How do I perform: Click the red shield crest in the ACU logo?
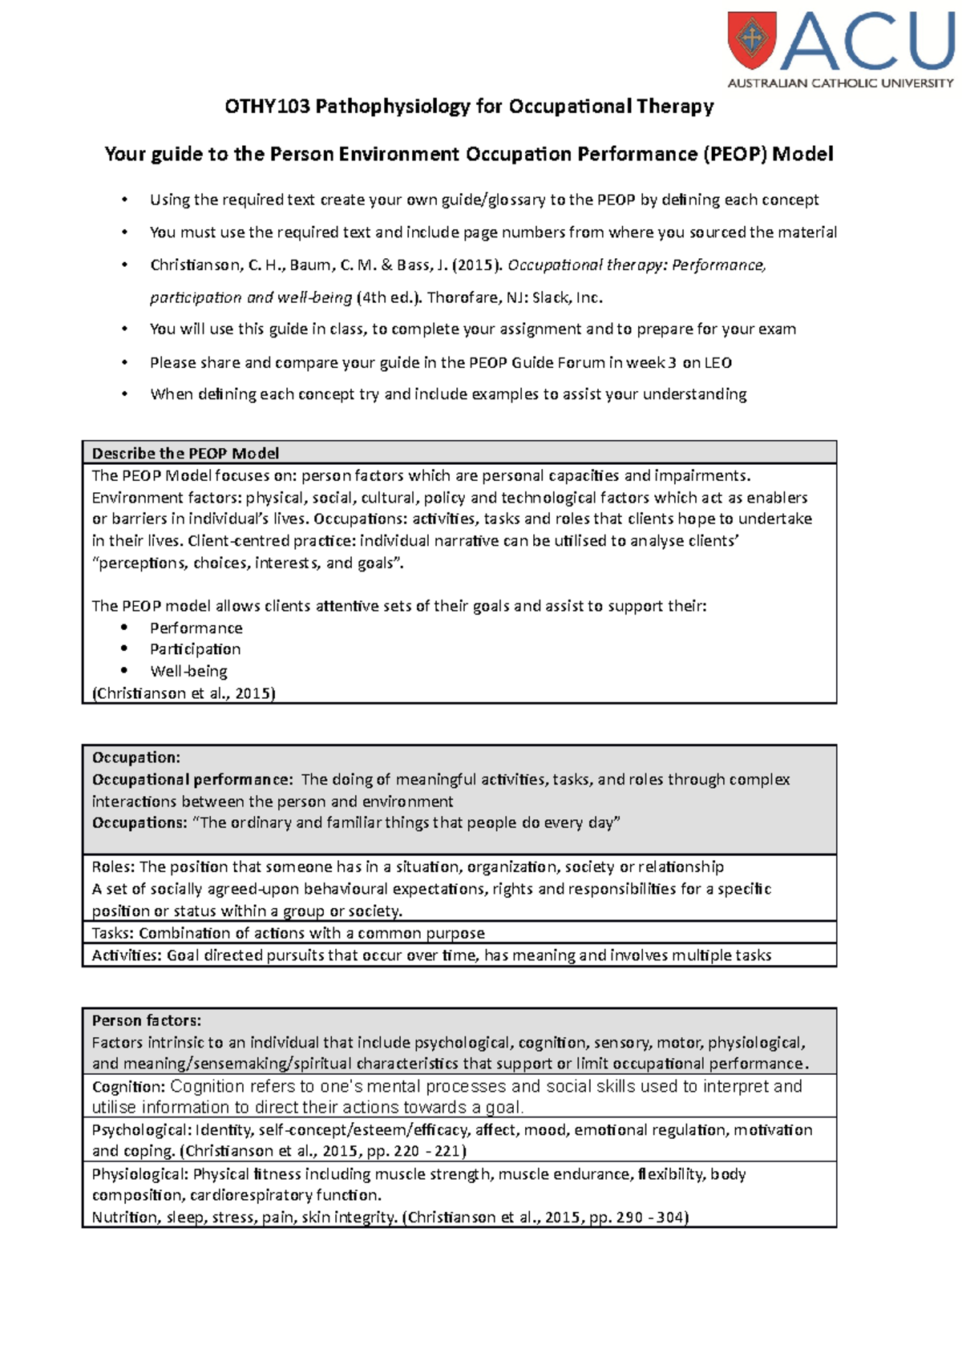[752, 40]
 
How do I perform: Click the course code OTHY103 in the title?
[267, 107]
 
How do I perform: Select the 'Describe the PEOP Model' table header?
[185, 453]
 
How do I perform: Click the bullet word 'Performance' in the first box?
[196, 628]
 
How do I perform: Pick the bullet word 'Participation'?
[195, 649]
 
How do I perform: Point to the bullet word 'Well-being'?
[188, 671]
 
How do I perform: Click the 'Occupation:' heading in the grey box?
[136, 757]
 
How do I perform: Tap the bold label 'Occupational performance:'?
[192, 779]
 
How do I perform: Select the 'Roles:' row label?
[113, 866]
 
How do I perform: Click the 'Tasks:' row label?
[113, 933]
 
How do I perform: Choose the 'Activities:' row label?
[127, 955]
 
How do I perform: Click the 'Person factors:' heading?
[147, 1020]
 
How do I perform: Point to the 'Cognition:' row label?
[128, 1087]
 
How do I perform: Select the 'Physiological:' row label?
[140, 1174]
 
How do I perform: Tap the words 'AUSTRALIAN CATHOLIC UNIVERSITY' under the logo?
[840, 83]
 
